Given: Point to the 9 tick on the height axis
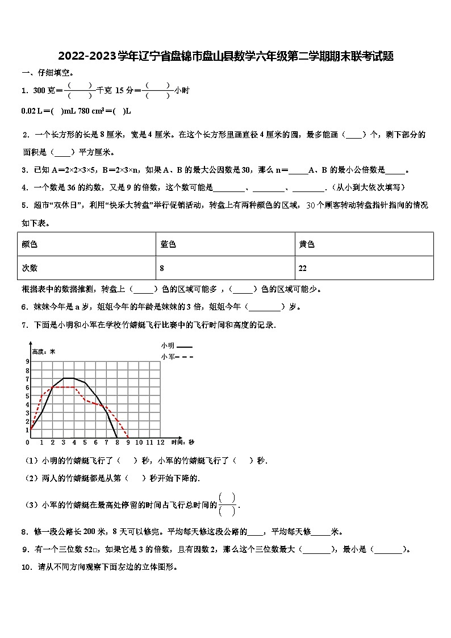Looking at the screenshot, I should (x=27, y=362).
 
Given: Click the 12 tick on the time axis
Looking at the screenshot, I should (x=160, y=442).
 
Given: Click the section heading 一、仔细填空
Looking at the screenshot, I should (x=48, y=73).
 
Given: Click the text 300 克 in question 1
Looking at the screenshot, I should (x=45, y=90).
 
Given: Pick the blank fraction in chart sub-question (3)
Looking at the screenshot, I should (x=227, y=504).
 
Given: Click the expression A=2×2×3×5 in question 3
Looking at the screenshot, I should (x=75, y=170).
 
